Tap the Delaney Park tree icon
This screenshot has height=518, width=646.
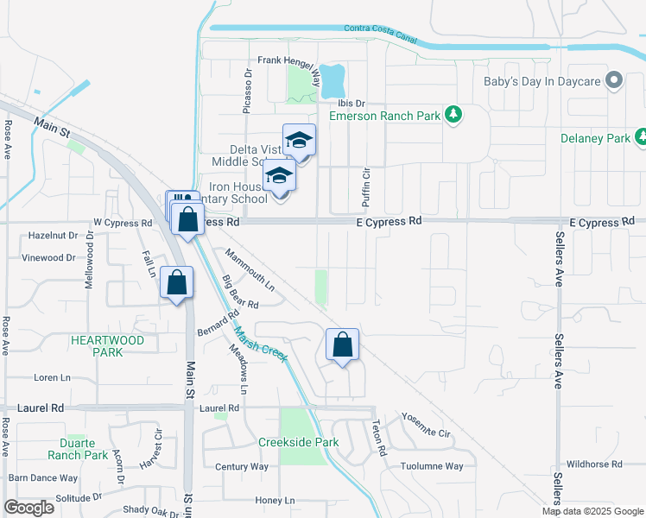(640, 137)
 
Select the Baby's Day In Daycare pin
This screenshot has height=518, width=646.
(614, 81)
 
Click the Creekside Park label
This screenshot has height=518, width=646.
(298, 442)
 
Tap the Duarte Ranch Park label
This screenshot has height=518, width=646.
(78, 448)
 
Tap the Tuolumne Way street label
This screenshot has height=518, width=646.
(432, 466)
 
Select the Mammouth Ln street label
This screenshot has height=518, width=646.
(250, 268)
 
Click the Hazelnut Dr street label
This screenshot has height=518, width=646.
(53, 235)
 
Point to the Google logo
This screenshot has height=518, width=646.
(28, 508)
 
